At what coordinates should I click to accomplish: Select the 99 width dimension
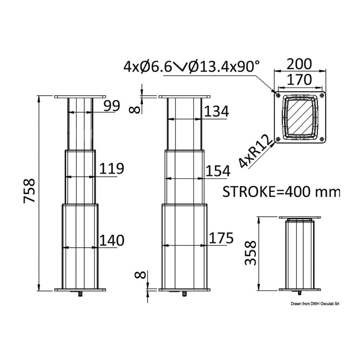coord(112,106)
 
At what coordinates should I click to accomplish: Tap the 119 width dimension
coord(112,168)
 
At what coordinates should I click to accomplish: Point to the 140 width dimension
coord(112,240)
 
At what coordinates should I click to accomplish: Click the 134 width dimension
coord(217,112)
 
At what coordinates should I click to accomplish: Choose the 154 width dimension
coord(218,171)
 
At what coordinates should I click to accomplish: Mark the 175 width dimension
coord(220,238)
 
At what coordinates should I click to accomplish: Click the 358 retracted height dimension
coord(250,252)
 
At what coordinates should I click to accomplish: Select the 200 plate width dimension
coord(300,64)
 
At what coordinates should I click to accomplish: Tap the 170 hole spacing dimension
coord(300,80)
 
